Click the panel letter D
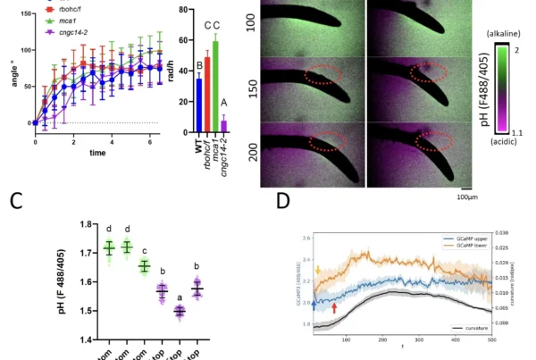[282, 198]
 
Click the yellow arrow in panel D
[317, 270]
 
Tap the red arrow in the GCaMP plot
[334, 307]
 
